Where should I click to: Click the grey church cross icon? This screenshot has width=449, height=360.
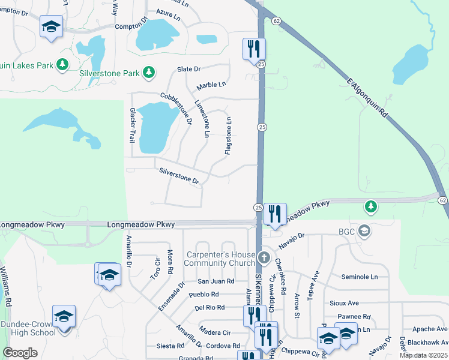point(264,258)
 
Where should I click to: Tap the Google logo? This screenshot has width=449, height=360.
point(20,353)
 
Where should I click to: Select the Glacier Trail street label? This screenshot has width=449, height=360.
point(132,125)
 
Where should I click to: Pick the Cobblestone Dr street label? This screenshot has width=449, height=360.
point(176,108)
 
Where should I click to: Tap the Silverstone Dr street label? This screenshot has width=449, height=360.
point(179,176)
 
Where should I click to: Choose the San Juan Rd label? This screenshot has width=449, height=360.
point(215,281)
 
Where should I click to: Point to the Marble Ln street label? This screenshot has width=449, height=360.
point(211,85)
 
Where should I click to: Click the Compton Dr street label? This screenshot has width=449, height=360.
point(131,25)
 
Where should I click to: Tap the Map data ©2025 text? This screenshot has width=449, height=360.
point(423,355)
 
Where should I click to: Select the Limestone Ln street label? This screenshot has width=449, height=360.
point(201,119)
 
